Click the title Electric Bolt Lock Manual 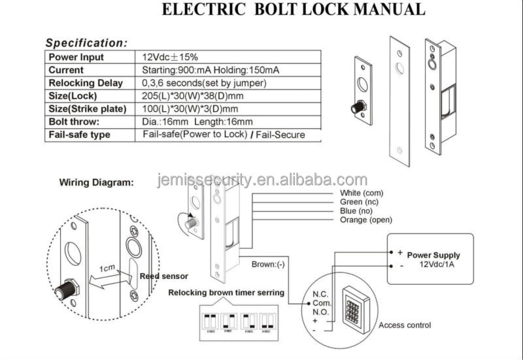click(x=293, y=10)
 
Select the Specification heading click(x=86, y=43)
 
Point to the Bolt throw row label click(x=74, y=122)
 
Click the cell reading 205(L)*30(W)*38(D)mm click(x=191, y=95)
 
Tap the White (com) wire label click(x=362, y=193)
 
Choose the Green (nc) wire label click(x=360, y=203)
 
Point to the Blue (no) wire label click(x=358, y=211)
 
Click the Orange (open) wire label click(x=366, y=220)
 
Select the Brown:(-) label click(x=268, y=265)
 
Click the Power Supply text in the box click(x=433, y=255)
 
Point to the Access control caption click(x=405, y=325)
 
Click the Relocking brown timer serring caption click(x=226, y=293)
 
